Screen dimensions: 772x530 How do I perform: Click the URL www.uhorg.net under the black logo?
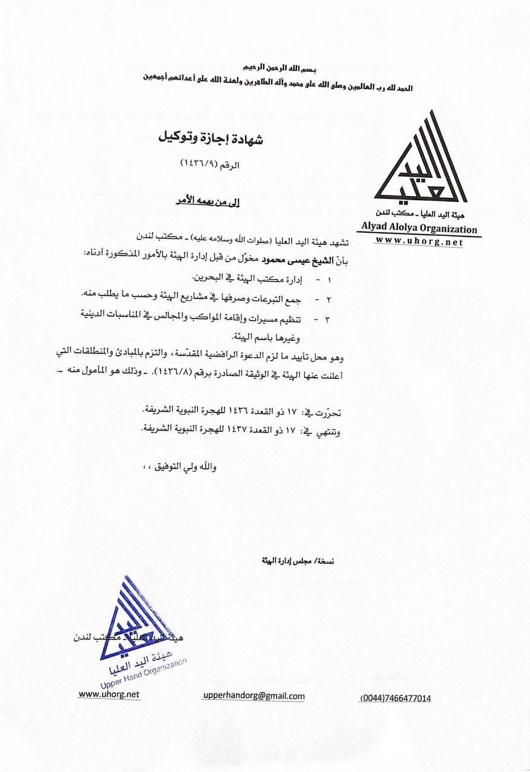pos(418,242)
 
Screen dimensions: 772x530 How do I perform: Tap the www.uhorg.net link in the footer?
pos(109,694)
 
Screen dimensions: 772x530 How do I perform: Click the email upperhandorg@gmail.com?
pos(254,696)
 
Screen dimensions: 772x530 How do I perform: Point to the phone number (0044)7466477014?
pos(396,698)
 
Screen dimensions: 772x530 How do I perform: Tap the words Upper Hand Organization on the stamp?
pos(144,670)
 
